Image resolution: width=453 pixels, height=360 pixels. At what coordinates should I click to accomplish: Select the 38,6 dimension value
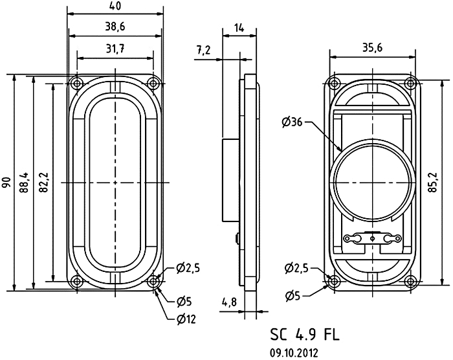pos(115,27)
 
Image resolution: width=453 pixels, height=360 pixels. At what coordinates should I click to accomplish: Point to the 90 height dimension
pos(6,182)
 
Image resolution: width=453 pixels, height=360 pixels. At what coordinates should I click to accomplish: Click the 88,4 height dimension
pos(25,182)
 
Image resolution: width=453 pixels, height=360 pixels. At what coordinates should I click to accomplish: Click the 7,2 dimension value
pos(204,50)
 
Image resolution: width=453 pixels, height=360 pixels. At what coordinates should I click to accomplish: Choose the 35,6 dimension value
pos(371,47)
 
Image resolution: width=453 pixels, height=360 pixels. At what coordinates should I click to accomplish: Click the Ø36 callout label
pos(293,121)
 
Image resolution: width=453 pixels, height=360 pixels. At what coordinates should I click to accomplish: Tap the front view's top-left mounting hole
pos(77,84)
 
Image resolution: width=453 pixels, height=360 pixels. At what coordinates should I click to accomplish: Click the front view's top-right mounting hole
pos(153,83)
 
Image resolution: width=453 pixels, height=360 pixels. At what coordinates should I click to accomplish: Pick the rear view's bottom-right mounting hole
pos(410,280)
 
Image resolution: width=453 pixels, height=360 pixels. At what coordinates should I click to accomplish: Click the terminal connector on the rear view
pos(371,238)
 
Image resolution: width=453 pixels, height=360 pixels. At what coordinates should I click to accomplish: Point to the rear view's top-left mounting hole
pos(334,83)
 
